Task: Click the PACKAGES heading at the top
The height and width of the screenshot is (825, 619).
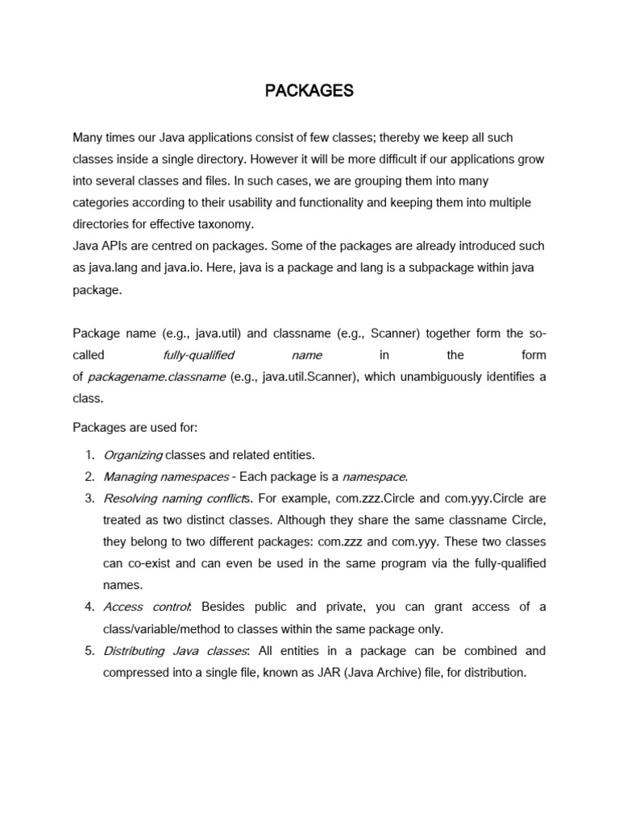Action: [x=309, y=91]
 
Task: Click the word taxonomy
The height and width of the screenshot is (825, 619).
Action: [x=229, y=225]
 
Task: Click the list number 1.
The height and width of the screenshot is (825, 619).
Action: [x=89, y=455]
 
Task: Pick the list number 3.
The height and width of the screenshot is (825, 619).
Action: [x=89, y=499]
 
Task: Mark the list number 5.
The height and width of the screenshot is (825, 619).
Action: [x=89, y=650]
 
